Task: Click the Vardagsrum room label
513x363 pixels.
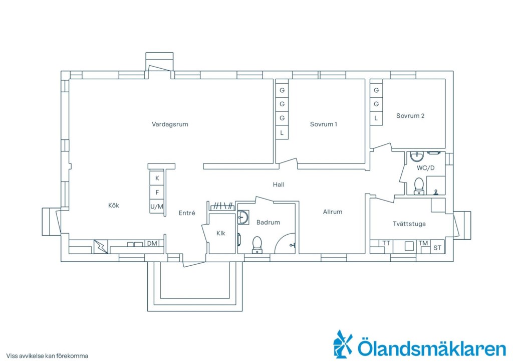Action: [170, 124]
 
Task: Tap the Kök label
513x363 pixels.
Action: [114, 206]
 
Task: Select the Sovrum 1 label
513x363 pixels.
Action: [323, 124]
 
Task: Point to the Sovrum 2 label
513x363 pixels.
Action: [410, 116]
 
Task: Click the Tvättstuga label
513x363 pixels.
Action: [409, 224]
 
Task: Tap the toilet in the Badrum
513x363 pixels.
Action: [257, 245]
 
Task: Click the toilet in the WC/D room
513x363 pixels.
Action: [419, 186]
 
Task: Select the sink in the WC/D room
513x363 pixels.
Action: [417, 156]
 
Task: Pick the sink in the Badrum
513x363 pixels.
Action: [243, 217]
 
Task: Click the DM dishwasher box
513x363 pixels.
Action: [152, 244]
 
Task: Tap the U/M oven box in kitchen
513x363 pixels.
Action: [157, 207]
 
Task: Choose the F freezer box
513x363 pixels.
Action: [157, 193]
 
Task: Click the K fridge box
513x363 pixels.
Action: [157, 178]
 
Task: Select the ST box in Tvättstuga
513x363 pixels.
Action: [437, 248]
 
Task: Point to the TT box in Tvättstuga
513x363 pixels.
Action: [386, 244]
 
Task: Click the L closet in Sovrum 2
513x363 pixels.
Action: [376, 118]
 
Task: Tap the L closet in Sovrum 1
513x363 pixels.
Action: [282, 133]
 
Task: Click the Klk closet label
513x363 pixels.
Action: [221, 233]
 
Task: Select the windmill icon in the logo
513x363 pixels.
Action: [343, 344]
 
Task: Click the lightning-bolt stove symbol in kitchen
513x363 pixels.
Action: [101, 247]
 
